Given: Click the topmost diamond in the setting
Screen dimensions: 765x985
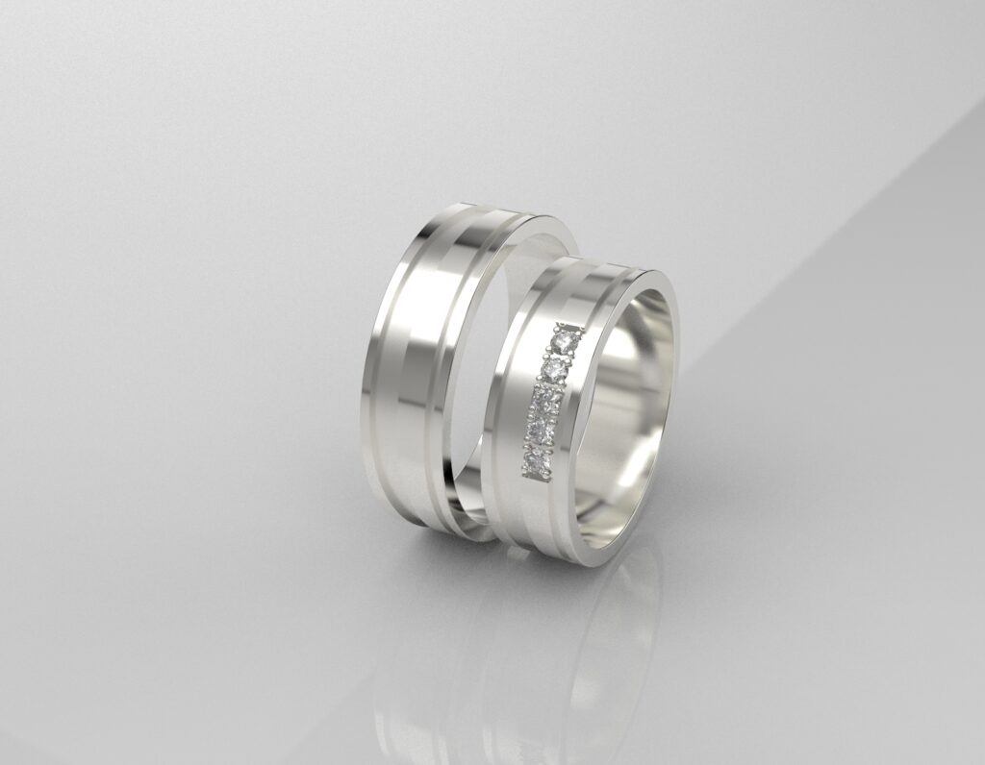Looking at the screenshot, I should [x=565, y=341].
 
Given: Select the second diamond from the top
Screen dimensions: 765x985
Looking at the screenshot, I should [x=553, y=369].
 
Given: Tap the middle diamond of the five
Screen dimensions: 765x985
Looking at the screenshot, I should [x=546, y=398].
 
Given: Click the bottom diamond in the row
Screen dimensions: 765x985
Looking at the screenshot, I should [x=536, y=463].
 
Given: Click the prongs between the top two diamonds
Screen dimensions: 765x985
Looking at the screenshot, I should [x=559, y=355].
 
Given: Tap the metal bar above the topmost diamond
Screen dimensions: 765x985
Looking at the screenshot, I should [x=570, y=325].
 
